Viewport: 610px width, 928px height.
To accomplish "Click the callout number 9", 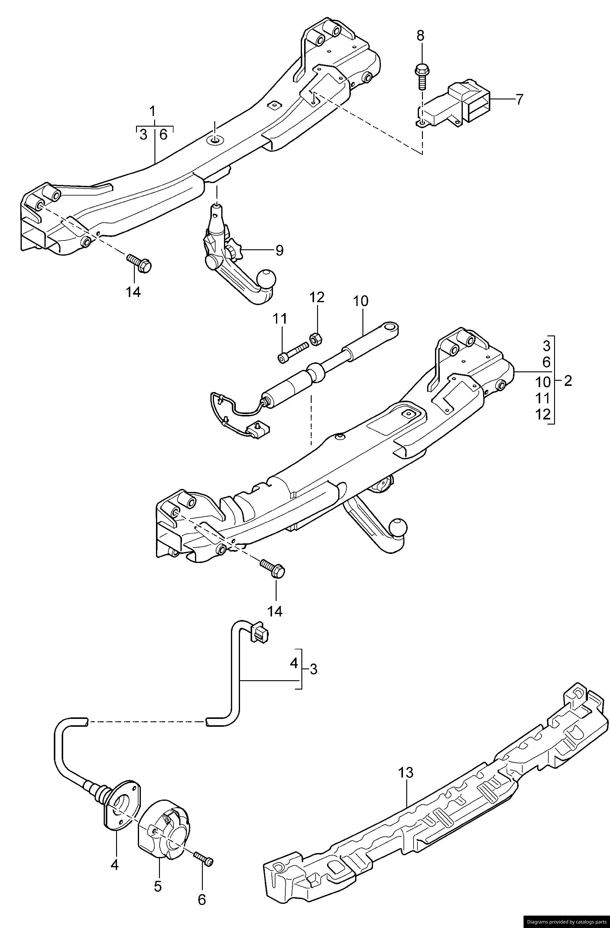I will [x=279, y=250].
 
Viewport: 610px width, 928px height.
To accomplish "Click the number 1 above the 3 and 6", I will [x=152, y=112].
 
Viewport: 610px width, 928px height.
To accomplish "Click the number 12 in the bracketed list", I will [x=543, y=414].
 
